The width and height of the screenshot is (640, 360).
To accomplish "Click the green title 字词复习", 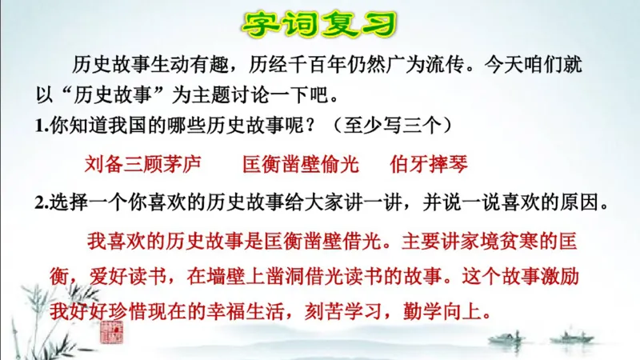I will click(320, 25).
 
